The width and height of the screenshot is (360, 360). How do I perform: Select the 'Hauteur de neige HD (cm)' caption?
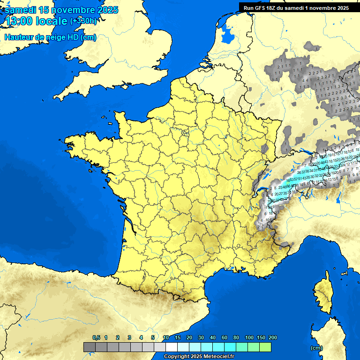pyautogui.click(x=50, y=37)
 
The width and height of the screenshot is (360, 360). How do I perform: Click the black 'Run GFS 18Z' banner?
pyautogui.click(x=296, y=7)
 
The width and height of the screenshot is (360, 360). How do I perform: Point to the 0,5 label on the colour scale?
pyautogui.click(x=96, y=337)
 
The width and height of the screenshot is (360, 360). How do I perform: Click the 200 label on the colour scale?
pyautogui.click(x=273, y=337)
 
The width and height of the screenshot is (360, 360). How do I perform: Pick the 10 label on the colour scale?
pyautogui.click(x=166, y=337)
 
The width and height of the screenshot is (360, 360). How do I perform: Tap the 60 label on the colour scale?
pyautogui.click(x=225, y=337)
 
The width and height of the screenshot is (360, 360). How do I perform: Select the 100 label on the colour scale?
pyautogui.click(x=249, y=337)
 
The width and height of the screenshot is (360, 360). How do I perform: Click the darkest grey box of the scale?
pyautogui.click(x=90, y=347)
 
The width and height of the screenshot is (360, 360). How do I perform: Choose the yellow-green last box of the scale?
pyautogui.click(x=265, y=347)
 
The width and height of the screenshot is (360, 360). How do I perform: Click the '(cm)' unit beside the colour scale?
pyautogui.click(x=316, y=348)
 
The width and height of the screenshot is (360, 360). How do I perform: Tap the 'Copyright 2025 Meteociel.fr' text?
pyautogui.click(x=199, y=357)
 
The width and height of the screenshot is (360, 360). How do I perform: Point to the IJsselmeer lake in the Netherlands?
pyautogui.click(x=229, y=34)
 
